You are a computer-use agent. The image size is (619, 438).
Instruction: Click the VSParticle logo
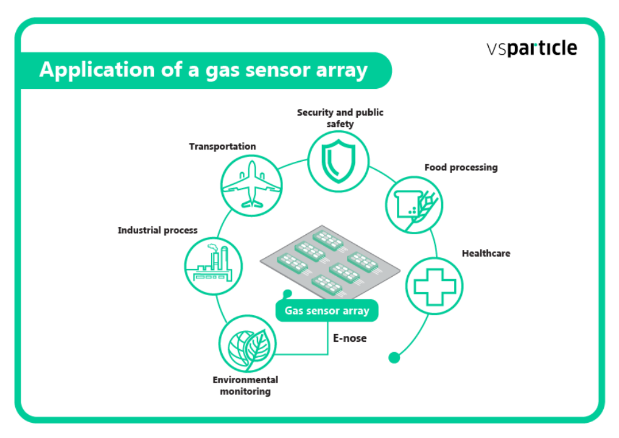[x=531, y=49]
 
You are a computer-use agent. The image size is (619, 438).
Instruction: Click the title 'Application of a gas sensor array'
[x=203, y=70]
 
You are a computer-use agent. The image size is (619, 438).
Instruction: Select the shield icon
[x=338, y=161]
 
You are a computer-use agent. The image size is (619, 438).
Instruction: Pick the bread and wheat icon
[x=414, y=206]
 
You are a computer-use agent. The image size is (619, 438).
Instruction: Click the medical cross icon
[x=434, y=287]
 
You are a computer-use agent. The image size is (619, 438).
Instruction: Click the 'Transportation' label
[x=222, y=147]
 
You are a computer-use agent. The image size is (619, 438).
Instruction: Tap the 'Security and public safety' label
[x=340, y=118]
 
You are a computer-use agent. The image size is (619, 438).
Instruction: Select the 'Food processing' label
[x=461, y=167]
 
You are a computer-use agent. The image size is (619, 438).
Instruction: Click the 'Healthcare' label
[x=486, y=253]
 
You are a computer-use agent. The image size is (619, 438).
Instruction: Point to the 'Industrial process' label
[x=158, y=231]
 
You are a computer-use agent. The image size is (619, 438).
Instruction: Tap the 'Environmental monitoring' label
[x=245, y=386]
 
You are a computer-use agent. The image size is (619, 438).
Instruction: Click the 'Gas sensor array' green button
[x=327, y=311]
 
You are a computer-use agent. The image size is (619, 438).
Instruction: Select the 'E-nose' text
[x=349, y=338]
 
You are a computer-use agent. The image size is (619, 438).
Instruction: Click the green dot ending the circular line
[x=394, y=358]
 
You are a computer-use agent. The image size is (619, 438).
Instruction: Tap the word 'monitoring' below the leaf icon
[x=245, y=392]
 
